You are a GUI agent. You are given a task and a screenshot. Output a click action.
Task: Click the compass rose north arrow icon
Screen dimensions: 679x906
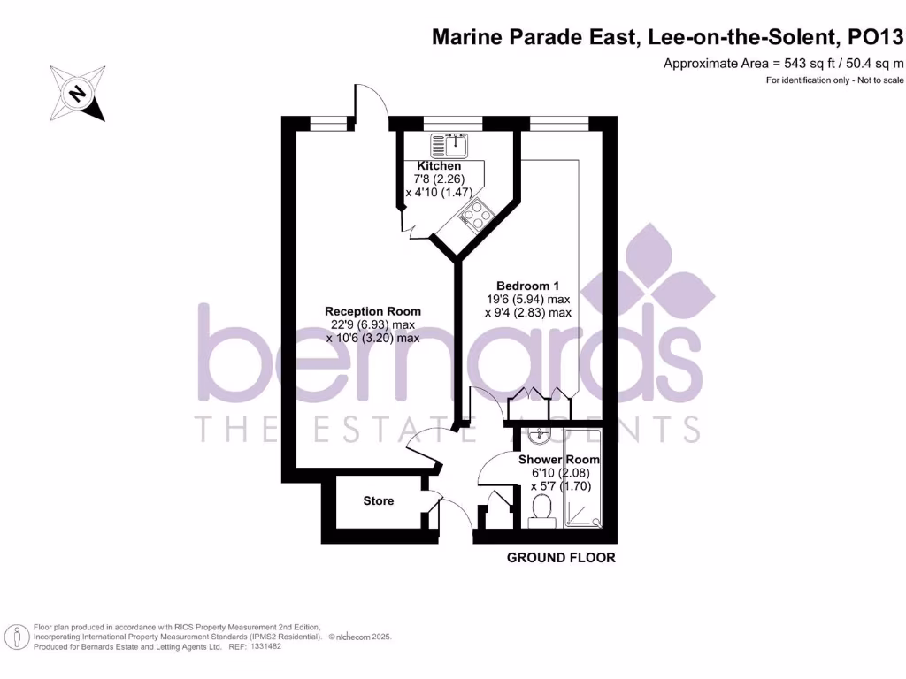coord(77,93)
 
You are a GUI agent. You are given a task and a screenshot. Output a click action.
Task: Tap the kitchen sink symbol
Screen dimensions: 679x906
coord(449,145)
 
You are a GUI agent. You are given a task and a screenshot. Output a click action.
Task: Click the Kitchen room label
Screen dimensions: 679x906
coord(439,166)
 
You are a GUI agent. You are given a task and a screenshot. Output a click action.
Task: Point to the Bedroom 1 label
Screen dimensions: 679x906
coord(527,286)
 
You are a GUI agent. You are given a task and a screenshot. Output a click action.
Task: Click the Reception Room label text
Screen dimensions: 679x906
coord(372,311)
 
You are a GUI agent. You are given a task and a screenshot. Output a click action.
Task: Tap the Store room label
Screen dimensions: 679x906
coord(378,501)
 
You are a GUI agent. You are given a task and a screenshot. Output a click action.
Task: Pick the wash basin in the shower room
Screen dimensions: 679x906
coord(539,437)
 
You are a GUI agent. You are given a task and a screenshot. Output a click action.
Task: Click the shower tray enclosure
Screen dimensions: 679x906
coord(584,478)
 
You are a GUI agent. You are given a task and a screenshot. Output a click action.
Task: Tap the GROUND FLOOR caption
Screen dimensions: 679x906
coord(561,558)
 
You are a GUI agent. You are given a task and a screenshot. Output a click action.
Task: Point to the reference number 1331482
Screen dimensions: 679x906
coord(266,646)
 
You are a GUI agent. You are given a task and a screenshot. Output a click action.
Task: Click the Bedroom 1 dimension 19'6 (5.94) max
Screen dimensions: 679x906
coord(527,299)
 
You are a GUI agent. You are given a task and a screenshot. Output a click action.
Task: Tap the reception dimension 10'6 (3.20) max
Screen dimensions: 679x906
coord(372,338)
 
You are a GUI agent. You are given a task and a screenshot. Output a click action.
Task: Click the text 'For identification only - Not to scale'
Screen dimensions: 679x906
coord(834,80)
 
